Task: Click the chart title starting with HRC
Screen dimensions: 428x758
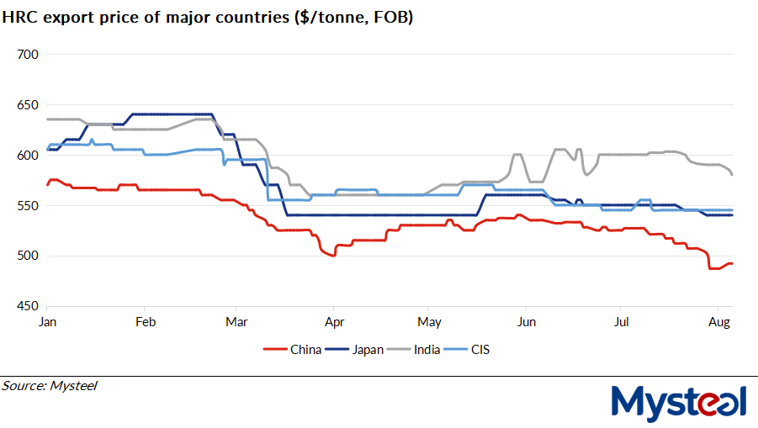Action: point(208,18)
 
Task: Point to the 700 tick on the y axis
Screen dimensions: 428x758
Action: point(28,55)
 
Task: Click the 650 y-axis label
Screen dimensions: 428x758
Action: point(28,105)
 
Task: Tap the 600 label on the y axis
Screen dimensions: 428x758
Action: point(28,156)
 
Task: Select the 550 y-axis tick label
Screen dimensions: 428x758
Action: point(28,206)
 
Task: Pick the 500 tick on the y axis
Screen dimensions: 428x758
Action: point(28,256)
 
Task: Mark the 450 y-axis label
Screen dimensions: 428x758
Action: point(28,306)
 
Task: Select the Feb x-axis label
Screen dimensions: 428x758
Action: point(146,322)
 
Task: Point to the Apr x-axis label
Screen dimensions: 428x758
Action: point(334,322)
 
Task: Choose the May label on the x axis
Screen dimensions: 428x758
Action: point(429,322)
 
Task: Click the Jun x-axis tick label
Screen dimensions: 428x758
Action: point(527,322)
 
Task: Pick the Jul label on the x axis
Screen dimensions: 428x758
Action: point(622,322)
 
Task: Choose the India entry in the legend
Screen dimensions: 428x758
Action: point(425,350)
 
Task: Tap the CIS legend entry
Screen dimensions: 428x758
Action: point(480,350)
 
